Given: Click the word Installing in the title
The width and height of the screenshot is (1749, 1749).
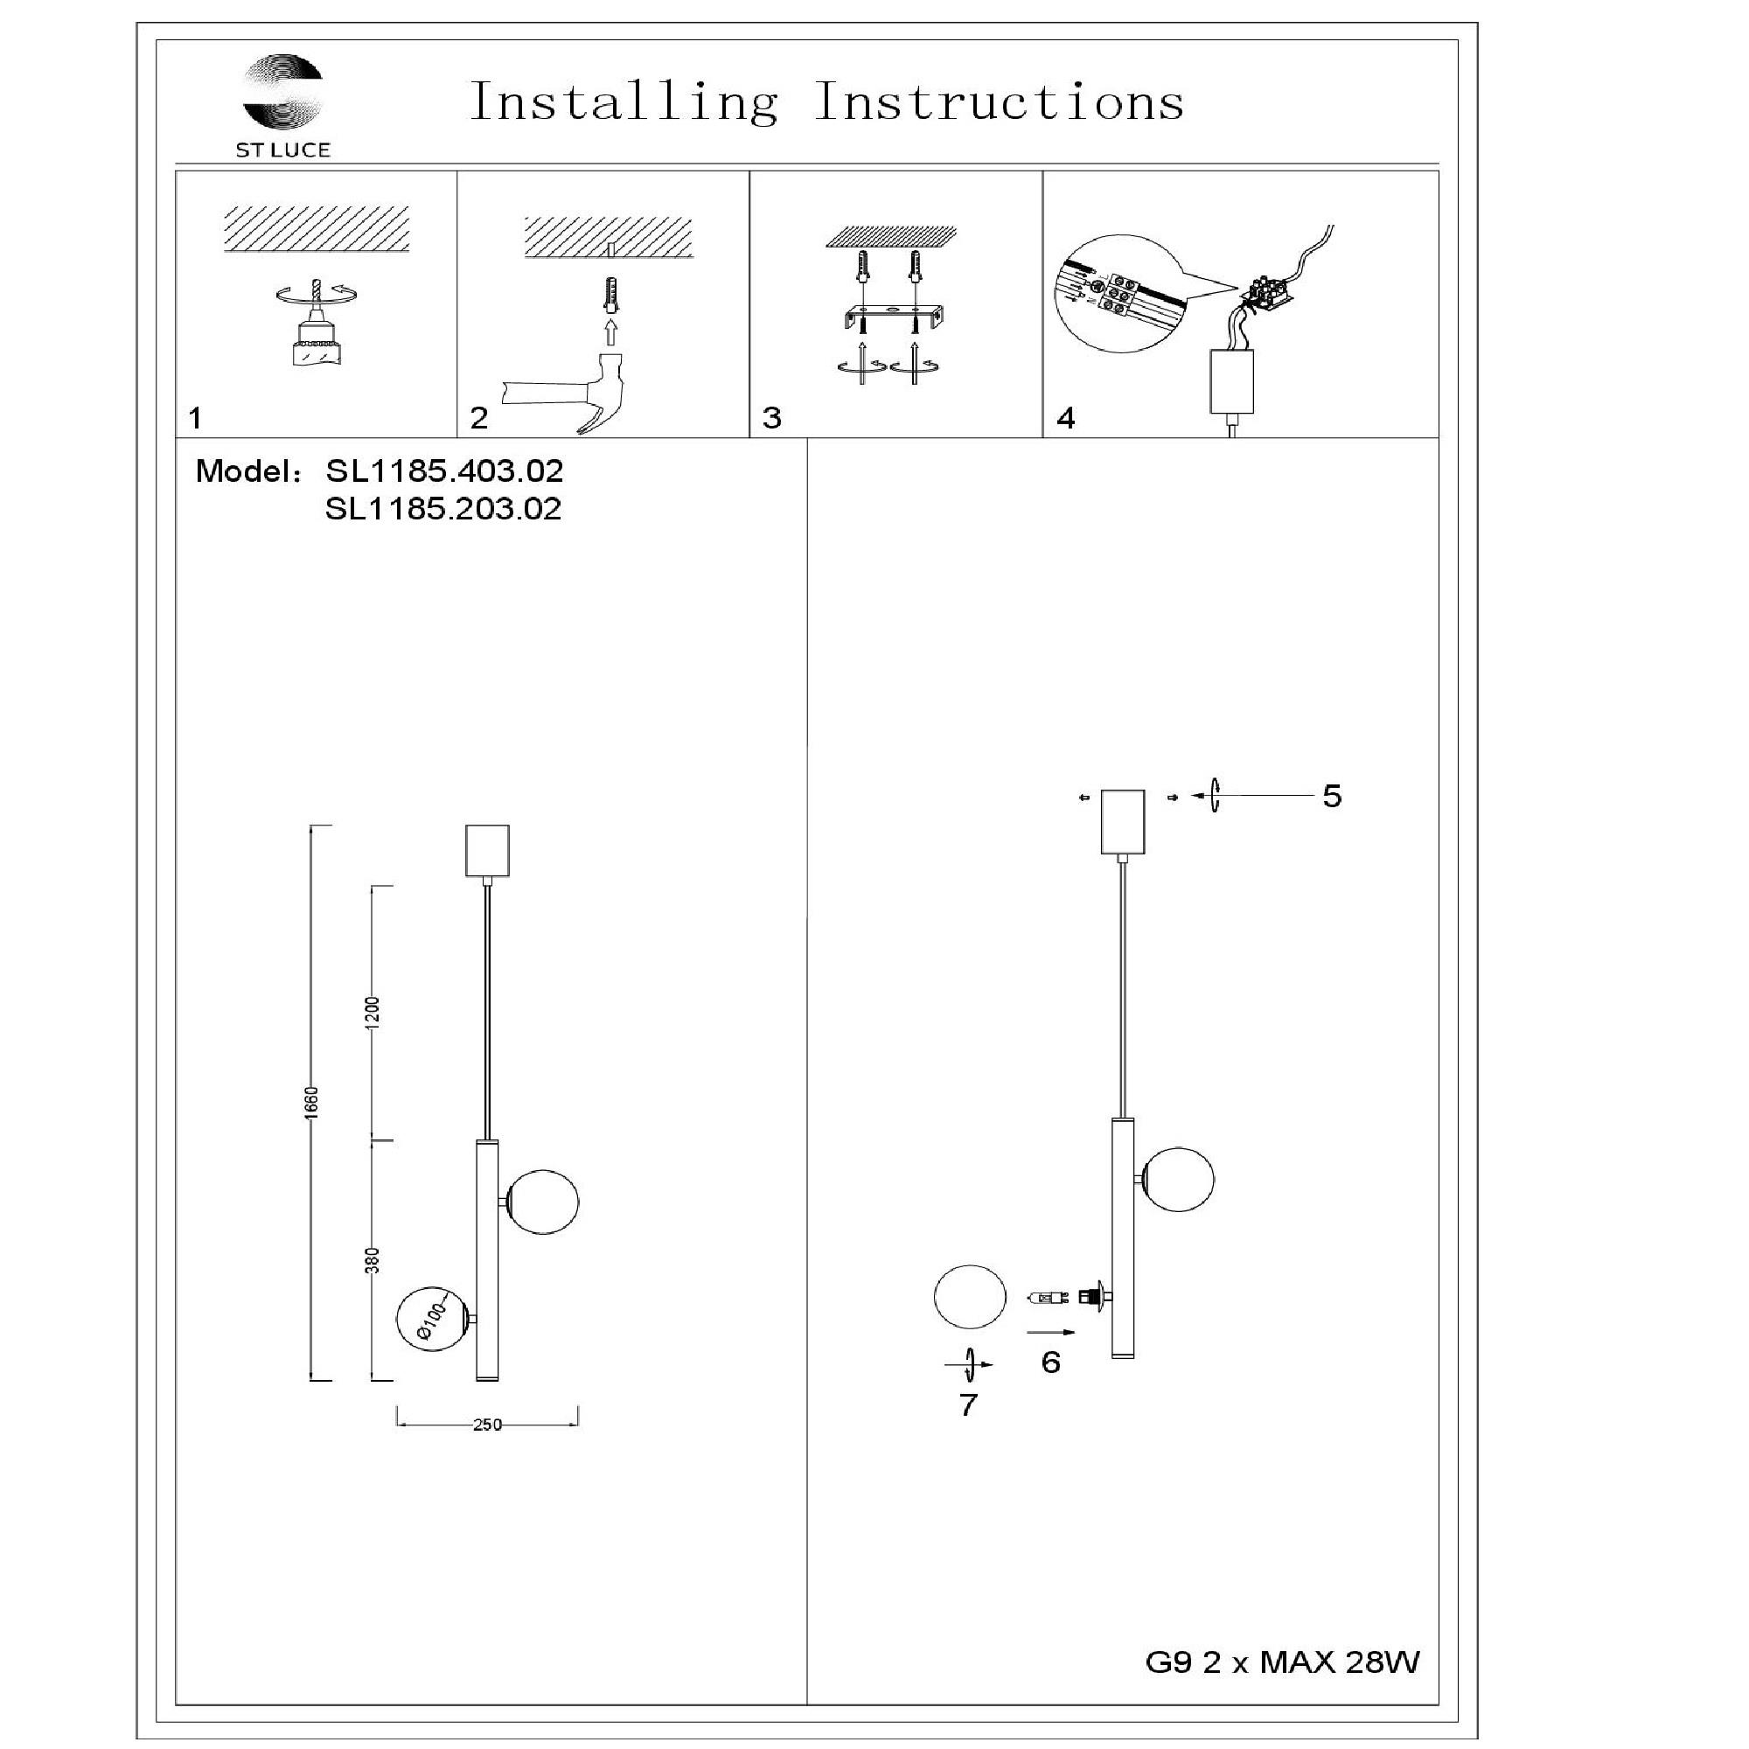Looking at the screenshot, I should coord(624,102).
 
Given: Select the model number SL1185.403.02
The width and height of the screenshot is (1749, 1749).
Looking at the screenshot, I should coord(443,470).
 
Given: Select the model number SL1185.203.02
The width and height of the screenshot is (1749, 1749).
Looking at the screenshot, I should coord(442,509).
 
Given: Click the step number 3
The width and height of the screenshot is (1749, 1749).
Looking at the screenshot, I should coord(771,418).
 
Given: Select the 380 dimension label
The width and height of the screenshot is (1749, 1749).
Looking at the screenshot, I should coord(374,1260).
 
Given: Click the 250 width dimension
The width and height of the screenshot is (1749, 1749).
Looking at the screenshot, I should coord(487,1425).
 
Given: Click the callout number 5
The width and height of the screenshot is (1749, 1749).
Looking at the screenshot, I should coord(1332,797).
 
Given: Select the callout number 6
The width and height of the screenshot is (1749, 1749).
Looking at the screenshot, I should coord(1050,1362).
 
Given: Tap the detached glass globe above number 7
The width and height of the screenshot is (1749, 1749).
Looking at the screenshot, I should coord(970,1297).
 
